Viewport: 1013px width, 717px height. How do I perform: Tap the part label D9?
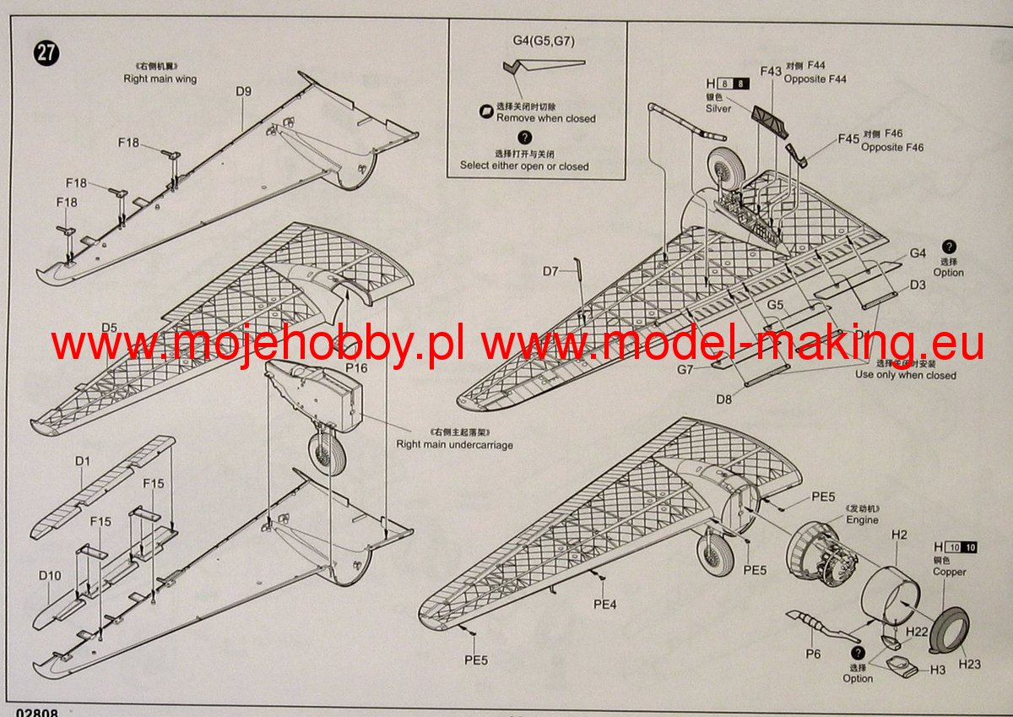[x=244, y=91]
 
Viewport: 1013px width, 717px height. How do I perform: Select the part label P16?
[x=356, y=368]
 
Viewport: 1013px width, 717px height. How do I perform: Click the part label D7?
[x=551, y=271]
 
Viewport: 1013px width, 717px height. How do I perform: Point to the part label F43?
[x=770, y=72]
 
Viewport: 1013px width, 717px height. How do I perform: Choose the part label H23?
[x=970, y=664]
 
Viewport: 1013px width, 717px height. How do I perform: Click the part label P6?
[x=813, y=654]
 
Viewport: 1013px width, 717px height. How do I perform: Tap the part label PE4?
[x=604, y=604]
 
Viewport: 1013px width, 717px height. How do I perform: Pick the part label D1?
[x=82, y=461]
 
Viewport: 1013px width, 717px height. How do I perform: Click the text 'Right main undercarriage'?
[x=454, y=444]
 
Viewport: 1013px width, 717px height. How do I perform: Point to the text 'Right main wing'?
[x=160, y=79]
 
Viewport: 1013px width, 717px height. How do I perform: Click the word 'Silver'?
[x=718, y=108]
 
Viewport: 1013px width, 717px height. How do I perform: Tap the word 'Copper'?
[x=949, y=572]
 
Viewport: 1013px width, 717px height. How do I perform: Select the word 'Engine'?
[x=862, y=520]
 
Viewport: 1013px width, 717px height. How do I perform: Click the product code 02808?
[x=35, y=712]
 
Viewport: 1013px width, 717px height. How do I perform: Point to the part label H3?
[x=938, y=670]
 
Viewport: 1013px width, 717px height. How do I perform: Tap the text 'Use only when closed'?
[x=906, y=375]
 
